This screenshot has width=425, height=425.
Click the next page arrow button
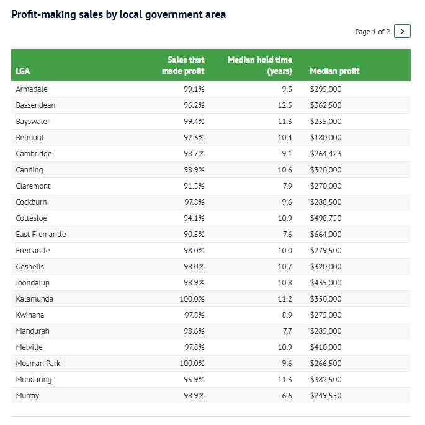click(402, 31)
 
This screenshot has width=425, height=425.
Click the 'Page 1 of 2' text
click(372, 32)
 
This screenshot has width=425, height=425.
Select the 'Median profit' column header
click(334, 71)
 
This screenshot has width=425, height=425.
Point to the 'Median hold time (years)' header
click(260, 65)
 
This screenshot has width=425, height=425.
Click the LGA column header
click(22, 71)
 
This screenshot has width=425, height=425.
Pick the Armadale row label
click(32, 89)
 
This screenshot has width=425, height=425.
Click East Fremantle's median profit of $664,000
click(326, 235)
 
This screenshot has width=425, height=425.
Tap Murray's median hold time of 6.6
click(287, 396)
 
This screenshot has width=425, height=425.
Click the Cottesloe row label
click(32, 218)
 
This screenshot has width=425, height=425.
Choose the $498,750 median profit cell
click(326, 218)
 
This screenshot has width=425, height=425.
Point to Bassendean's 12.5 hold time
click(285, 105)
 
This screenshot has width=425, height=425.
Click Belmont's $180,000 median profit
click(326, 138)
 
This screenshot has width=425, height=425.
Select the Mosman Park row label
click(38, 364)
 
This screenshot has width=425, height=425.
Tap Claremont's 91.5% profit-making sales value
click(194, 186)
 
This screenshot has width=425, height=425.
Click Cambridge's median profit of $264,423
click(326, 154)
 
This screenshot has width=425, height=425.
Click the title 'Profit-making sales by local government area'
click(119, 14)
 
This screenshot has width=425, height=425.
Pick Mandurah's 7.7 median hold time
click(287, 331)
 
